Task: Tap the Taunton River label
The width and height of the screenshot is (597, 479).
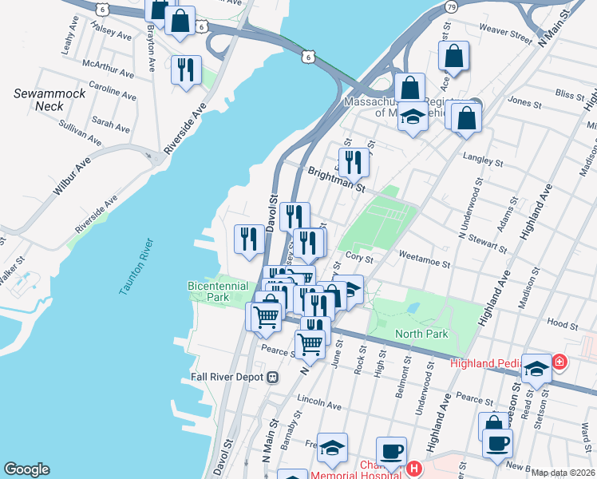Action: click(x=135, y=267)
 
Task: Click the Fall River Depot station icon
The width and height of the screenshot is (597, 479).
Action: click(x=272, y=376)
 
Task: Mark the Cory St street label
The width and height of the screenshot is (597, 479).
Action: click(x=355, y=257)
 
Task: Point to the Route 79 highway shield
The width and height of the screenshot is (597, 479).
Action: click(x=451, y=7)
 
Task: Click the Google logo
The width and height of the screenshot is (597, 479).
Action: click(x=26, y=469)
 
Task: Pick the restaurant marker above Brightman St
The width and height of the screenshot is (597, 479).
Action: click(x=353, y=163)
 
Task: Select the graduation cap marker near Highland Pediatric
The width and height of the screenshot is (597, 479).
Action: click(x=537, y=368)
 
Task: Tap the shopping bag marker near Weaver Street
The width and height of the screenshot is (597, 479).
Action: click(x=453, y=57)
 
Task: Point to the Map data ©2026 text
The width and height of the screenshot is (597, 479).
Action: click(x=563, y=473)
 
